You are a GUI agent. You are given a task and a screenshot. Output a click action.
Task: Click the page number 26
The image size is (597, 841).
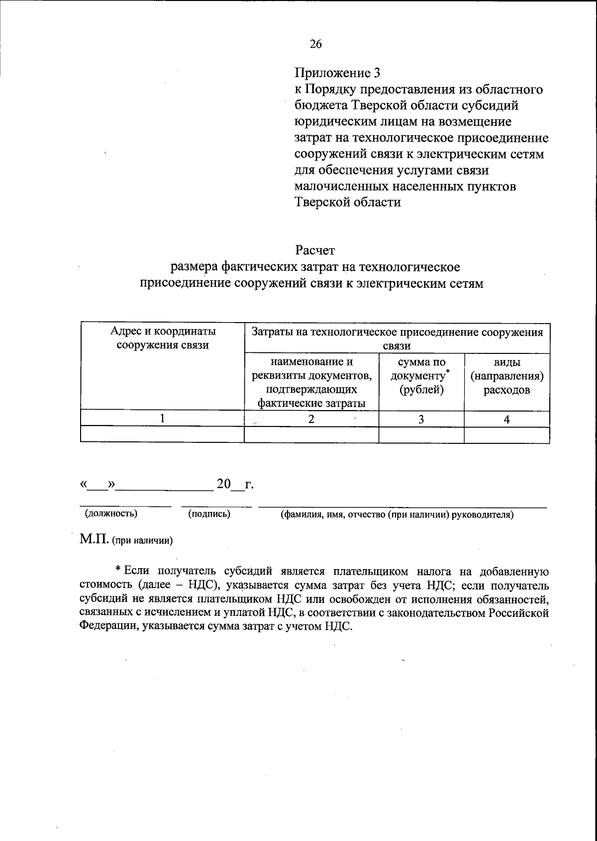316,44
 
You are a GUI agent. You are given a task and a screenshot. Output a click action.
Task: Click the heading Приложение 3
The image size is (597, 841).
337,74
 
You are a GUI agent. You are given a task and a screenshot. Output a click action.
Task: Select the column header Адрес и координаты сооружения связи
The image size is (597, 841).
163,338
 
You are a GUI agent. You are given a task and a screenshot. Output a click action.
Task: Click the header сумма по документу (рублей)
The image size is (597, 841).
421,376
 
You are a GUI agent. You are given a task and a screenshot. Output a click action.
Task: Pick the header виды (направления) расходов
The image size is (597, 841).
506,376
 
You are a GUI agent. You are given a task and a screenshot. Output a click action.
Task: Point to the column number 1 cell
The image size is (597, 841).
162,419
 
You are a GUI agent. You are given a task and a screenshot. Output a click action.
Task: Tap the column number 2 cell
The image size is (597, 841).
311,419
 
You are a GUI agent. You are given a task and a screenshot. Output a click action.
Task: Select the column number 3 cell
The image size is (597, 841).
421,419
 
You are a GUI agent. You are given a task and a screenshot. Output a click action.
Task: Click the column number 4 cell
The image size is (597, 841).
506,419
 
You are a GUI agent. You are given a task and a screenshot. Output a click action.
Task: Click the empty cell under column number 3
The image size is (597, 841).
421,434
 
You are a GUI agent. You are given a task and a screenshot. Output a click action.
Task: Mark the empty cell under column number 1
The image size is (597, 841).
162,434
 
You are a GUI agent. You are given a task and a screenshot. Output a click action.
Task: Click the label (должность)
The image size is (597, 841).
111,513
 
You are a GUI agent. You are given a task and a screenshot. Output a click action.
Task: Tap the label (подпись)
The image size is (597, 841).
209,514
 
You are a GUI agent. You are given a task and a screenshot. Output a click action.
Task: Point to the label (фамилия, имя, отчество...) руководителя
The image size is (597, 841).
397,514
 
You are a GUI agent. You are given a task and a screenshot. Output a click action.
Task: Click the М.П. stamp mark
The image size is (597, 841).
94,539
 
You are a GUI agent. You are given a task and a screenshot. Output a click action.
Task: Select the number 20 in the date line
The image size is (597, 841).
224,483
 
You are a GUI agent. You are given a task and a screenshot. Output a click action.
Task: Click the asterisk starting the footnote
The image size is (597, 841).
118,569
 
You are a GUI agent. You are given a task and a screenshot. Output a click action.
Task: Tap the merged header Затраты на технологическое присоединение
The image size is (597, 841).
397,338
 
